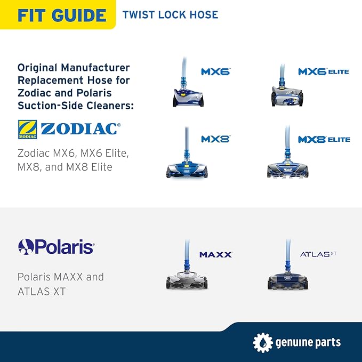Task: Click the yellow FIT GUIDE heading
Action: [62, 15]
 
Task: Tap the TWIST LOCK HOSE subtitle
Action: [171, 15]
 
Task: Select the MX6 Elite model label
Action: [324, 71]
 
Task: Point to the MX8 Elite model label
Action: [324, 140]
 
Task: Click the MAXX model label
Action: [216, 255]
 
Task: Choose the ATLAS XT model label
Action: [318, 254]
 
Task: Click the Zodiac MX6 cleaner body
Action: [188, 98]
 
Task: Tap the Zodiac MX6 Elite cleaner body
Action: [287, 96]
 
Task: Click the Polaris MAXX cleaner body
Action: [187, 280]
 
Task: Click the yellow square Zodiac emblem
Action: [28, 129]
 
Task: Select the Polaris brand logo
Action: [56, 247]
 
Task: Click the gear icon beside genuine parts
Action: [263, 342]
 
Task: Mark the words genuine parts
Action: [308, 343]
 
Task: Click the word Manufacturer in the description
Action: [95, 68]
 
